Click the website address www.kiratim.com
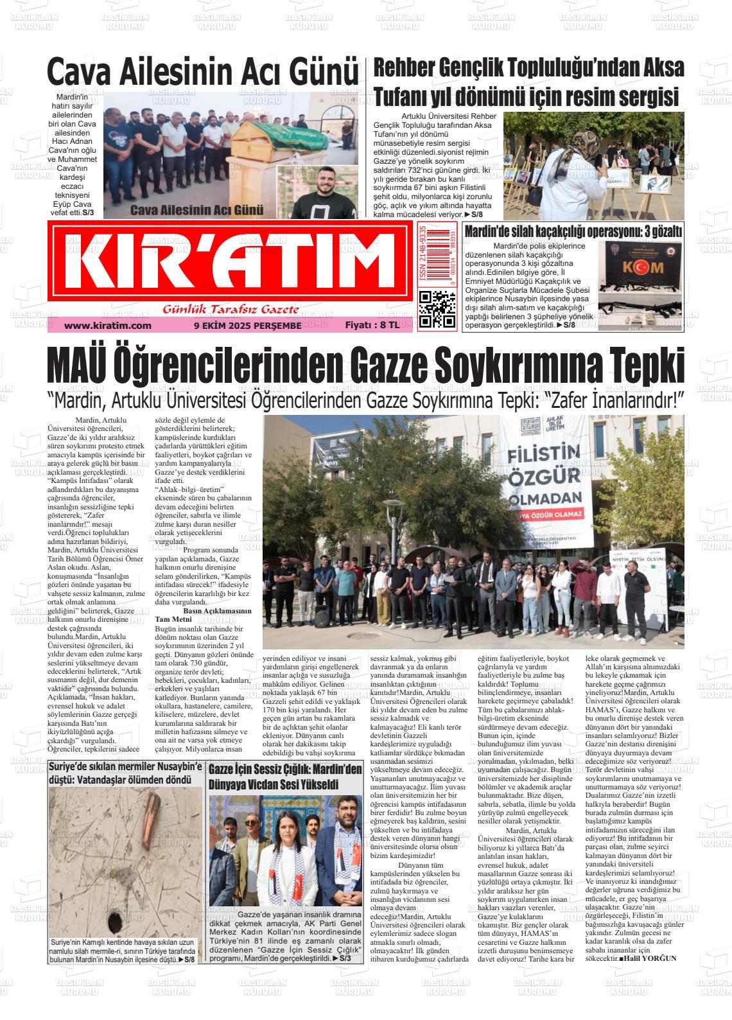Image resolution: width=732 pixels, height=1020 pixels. point(108,326)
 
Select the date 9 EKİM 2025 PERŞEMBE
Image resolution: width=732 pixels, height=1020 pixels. point(247,326)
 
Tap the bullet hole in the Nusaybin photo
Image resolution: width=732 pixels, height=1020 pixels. point(117,915)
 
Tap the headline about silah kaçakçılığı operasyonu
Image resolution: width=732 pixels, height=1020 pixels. point(573,232)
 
